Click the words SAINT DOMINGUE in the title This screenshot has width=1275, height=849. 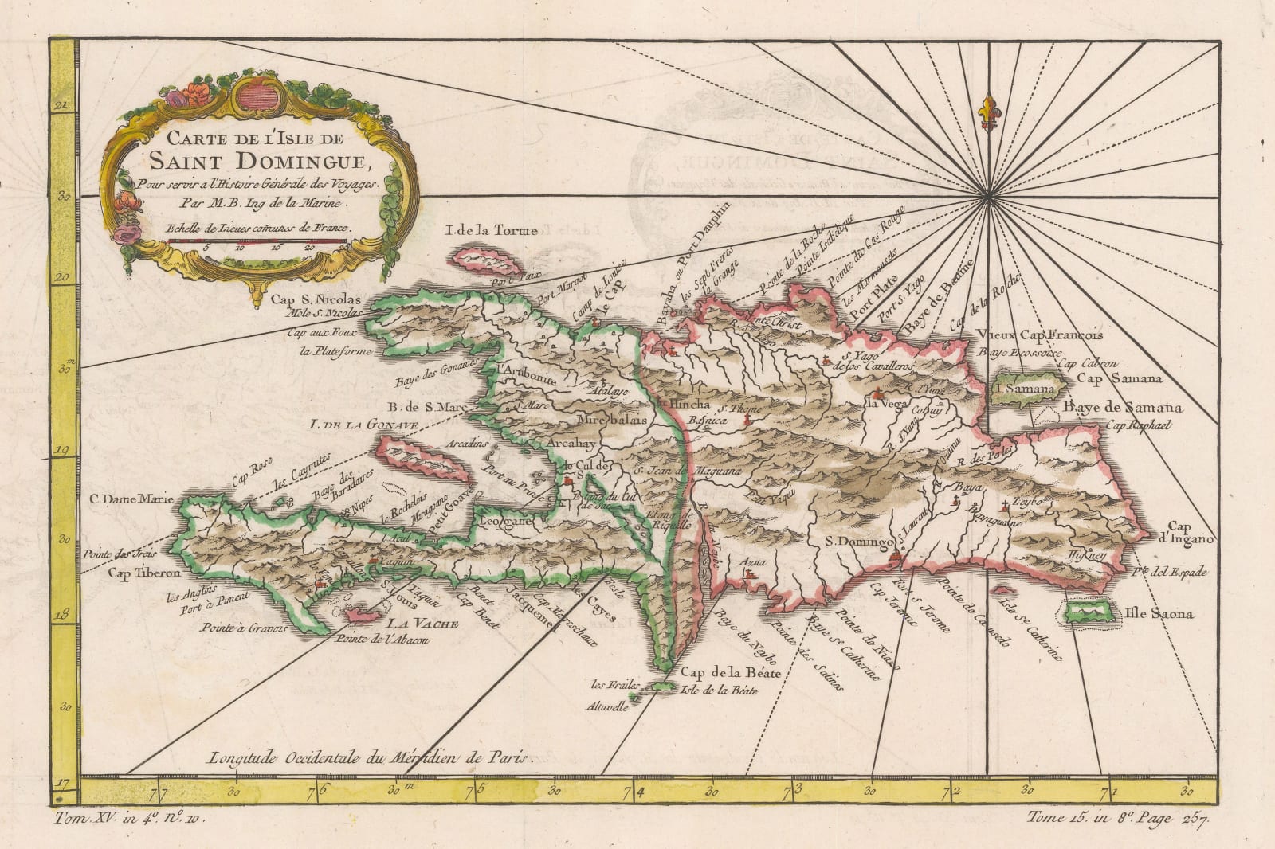pyautogui.click(x=247, y=163)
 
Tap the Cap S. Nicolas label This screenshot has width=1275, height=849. pyautogui.click(x=316, y=299)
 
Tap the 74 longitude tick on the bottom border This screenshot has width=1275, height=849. pyautogui.click(x=633, y=792)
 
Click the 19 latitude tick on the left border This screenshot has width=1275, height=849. pyautogui.click(x=65, y=452)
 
